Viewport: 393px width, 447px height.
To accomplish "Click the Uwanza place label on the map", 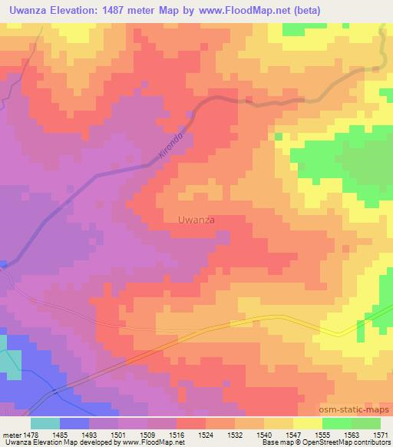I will click(x=196, y=220).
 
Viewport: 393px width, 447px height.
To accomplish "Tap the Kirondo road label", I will click(x=170, y=145).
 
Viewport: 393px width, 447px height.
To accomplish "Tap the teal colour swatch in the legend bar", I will click(x=45, y=423).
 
